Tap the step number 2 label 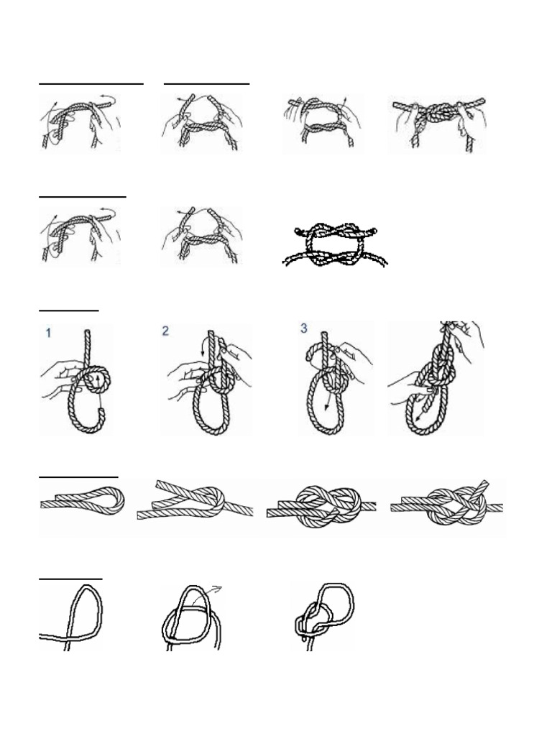pyautogui.click(x=165, y=331)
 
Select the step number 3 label pyautogui.click(x=304, y=328)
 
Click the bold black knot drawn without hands pyautogui.click(x=334, y=246)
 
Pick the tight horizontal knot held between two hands pyautogui.click(x=437, y=115)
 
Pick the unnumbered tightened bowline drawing pyautogui.click(x=436, y=379)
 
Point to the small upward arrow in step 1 pyautogui.click(x=98, y=380)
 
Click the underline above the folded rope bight pyautogui.click(x=78, y=476)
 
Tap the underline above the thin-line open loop pyautogui.click(x=70, y=577)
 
